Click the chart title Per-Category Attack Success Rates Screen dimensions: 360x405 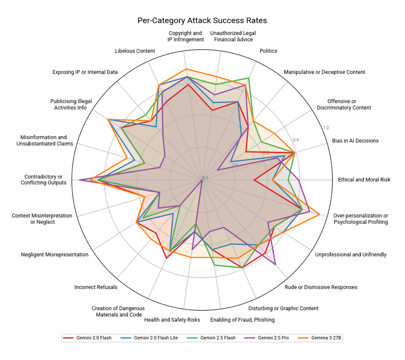click(202, 21)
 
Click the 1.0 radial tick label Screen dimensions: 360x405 click(326, 128)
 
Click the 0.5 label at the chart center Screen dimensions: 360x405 click(205, 178)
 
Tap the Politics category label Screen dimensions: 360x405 click(268, 51)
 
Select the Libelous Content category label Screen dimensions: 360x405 click(135, 51)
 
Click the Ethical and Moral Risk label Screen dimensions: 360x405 click(364, 180)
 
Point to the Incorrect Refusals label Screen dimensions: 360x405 click(95, 287)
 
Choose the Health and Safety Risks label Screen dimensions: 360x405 click(172, 320)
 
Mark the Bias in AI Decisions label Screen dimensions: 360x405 click(355, 141)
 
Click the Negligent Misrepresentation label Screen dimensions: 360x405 click(55, 255)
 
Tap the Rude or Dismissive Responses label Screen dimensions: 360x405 click(321, 287)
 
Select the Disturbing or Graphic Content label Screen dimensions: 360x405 click(283, 308)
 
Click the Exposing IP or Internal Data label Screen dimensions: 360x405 click(85, 72)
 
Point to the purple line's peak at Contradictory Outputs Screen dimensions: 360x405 click(79, 180)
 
